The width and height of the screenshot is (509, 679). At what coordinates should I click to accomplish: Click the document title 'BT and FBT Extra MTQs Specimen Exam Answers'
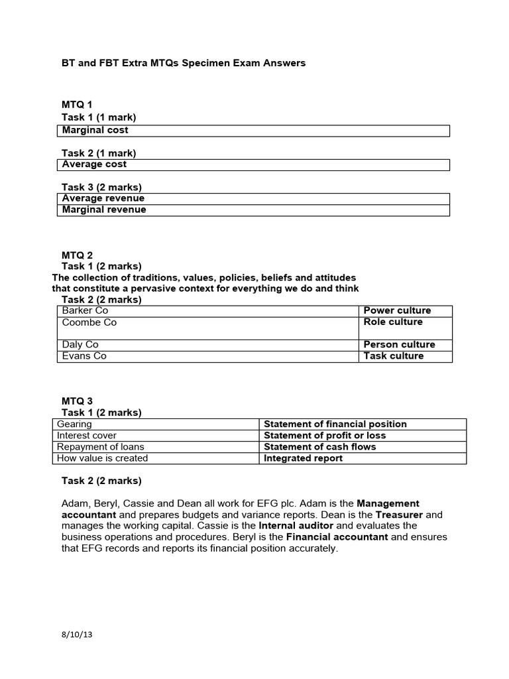[184, 63]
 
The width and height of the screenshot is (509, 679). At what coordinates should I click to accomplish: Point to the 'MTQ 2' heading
[78, 255]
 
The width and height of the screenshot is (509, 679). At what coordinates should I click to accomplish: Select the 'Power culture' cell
[406, 311]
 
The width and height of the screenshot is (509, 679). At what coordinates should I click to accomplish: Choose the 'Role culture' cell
[406, 323]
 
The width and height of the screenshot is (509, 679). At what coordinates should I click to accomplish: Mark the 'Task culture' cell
[406, 356]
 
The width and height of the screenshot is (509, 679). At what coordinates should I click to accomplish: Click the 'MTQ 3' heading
[78, 401]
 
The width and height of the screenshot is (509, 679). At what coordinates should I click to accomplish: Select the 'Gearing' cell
[155, 424]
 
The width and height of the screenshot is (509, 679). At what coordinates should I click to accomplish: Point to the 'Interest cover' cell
[155, 436]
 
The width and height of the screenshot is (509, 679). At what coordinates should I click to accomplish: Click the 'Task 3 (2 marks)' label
[102, 187]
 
